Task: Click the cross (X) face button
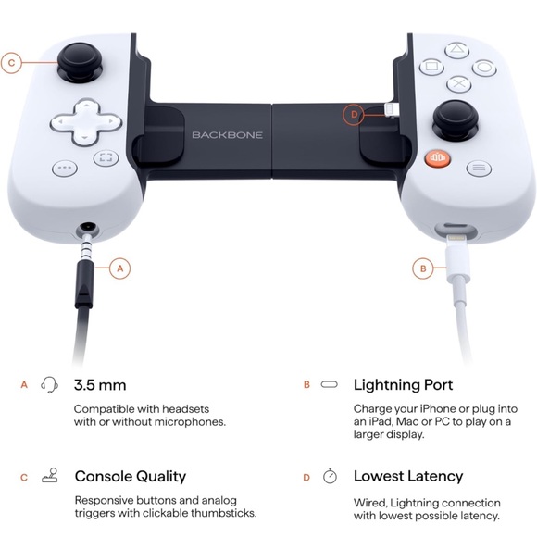point(456,83)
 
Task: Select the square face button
point(431,67)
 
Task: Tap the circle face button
point(482,67)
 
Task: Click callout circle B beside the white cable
point(422,268)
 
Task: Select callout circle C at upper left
point(12,63)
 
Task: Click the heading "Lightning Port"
point(403,384)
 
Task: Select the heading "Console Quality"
point(131,477)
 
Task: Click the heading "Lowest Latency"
point(408,477)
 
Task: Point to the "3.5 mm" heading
point(100,384)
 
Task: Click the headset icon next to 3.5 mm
point(50,384)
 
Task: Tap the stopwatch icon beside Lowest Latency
point(330,477)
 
